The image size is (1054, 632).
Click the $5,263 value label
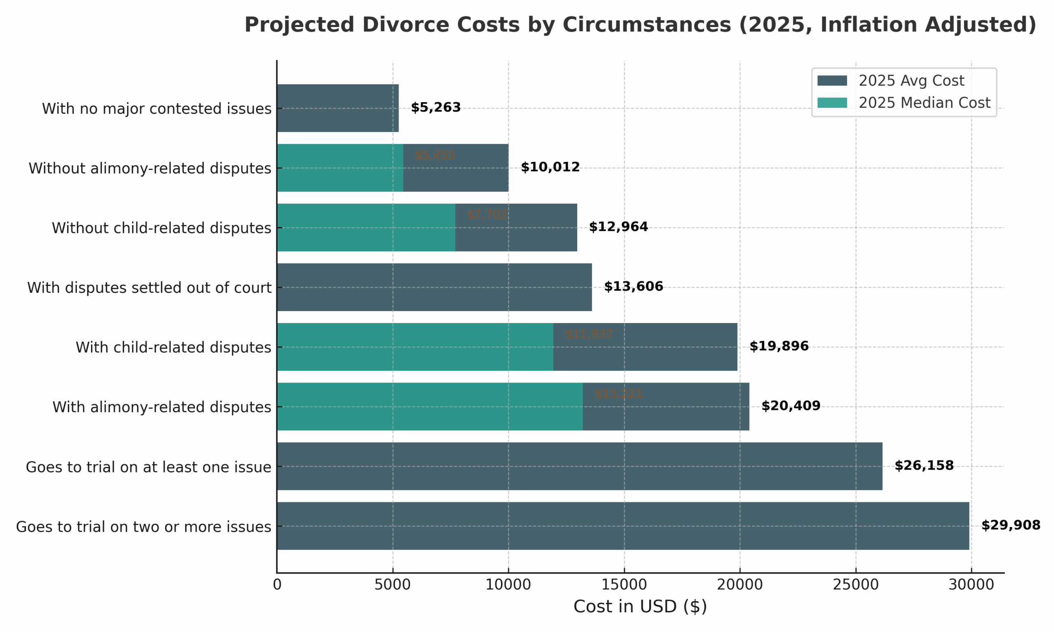coord(436,108)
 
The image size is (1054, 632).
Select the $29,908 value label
coord(1010,525)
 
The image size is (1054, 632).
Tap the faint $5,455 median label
coord(434,156)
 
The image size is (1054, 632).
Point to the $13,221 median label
coord(618,394)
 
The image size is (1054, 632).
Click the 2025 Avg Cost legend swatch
coord(832,81)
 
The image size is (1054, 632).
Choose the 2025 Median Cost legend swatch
coord(832,102)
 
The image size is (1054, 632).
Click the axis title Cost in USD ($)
coord(640,607)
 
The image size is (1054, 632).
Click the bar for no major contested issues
coord(338,108)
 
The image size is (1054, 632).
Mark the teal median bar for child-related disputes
coord(415,347)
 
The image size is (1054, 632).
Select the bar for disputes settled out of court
coord(434,287)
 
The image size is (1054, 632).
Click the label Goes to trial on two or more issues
coord(144,527)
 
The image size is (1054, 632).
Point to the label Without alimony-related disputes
coord(150,168)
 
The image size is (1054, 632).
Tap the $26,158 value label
coord(923,466)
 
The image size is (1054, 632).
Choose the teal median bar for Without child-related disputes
coord(366,228)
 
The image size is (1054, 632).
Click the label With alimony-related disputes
coord(162,407)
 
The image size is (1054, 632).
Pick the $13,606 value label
coord(633,287)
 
